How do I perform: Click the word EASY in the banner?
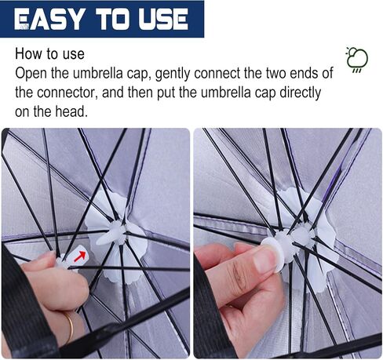pyautogui.click(x=48, y=19)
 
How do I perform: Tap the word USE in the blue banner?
pyautogui.click(x=163, y=19)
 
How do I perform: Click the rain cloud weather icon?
pyautogui.click(x=357, y=60)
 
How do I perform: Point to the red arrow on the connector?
pyautogui.click(x=80, y=256)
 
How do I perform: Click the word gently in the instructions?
pyautogui.click(x=173, y=74)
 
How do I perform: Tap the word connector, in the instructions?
pyautogui.click(x=67, y=93)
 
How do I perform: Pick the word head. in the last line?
pyautogui.click(x=71, y=111)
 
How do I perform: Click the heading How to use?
pyautogui.click(x=49, y=54)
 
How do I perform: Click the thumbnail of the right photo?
pyautogui.click(x=287, y=243)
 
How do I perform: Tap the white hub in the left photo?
pyautogui.click(x=116, y=233)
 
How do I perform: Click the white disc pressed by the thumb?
pyautogui.click(x=272, y=249)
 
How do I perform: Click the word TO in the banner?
pyautogui.click(x=112, y=19)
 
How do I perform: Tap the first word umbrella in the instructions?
pyautogui.click(x=97, y=74)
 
